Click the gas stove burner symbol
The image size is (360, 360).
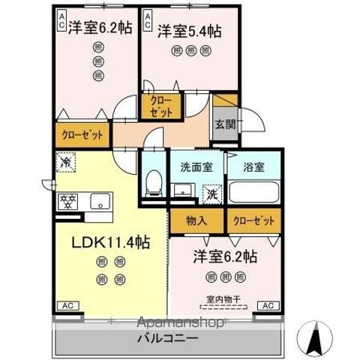tap(68, 201)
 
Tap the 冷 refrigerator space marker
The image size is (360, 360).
tap(66, 161)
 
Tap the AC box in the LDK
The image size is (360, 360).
tap(67, 306)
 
